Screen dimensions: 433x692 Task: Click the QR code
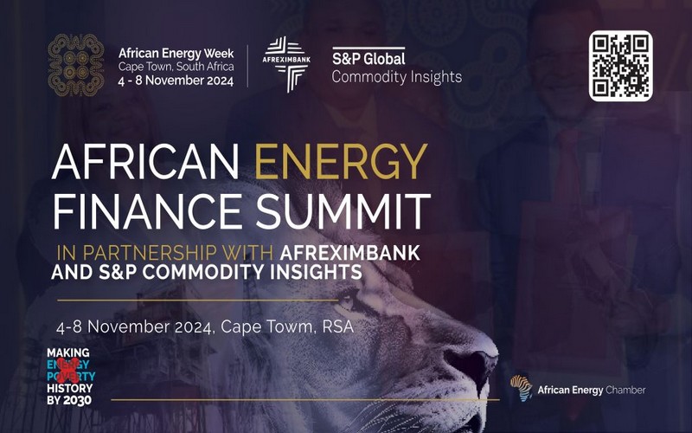click(x=621, y=66)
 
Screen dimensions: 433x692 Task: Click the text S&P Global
click(x=368, y=59)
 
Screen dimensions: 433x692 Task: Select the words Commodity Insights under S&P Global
click(x=397, y=77)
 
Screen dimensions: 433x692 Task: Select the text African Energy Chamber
click(x=592, y=391)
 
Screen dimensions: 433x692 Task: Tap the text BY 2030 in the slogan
click(x=70, y=399)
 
